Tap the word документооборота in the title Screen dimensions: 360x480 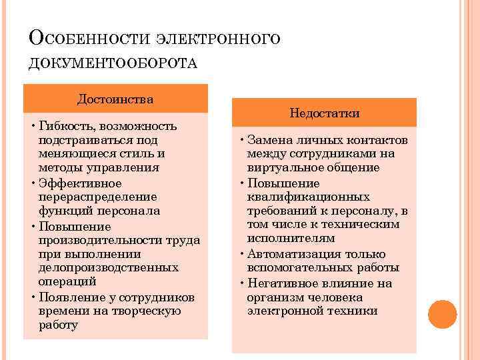[113, 63]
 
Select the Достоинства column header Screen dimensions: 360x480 [115, 99]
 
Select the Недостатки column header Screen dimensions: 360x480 [325, 113]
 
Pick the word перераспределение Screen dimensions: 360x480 [97, 197]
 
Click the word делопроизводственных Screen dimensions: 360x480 [109, 267]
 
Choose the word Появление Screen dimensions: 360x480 [67, 297]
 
